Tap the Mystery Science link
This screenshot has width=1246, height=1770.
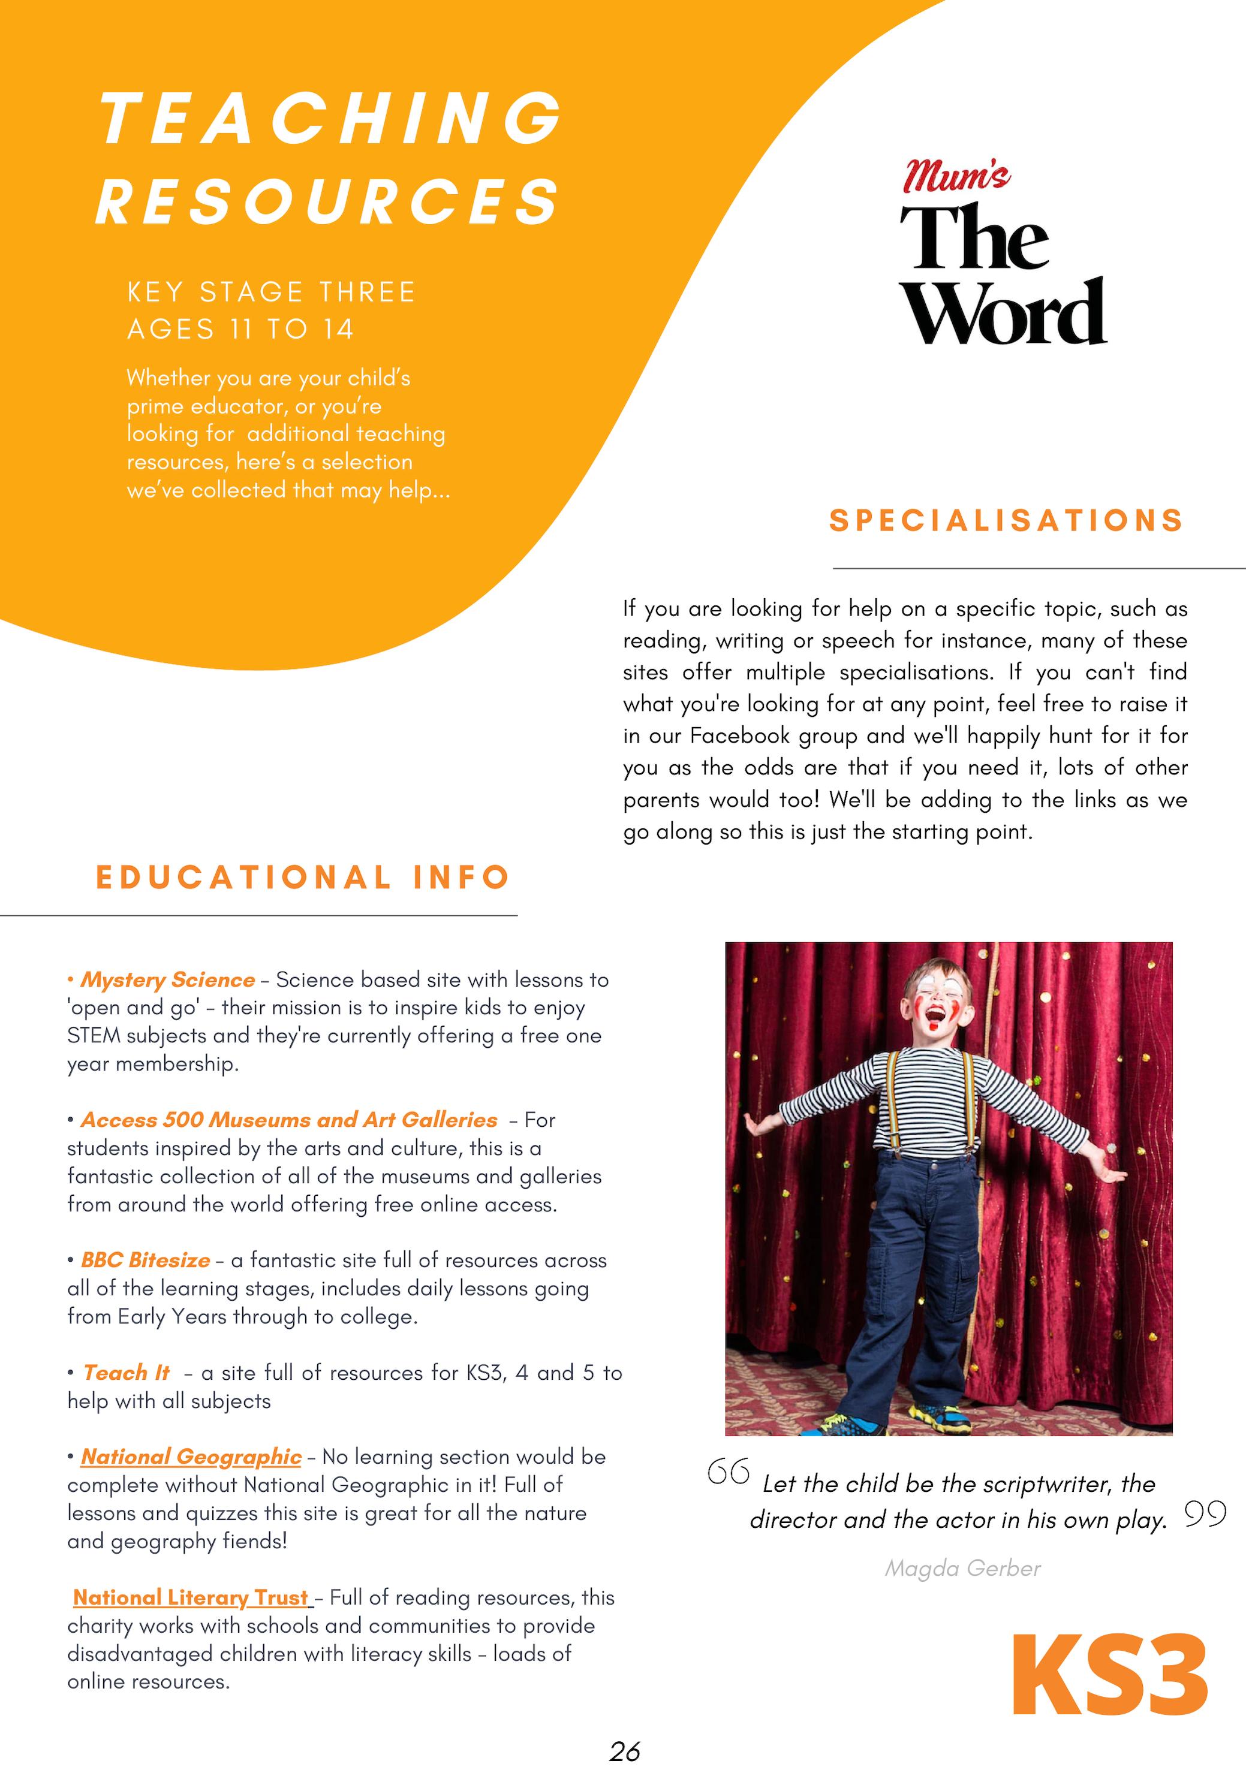pyautogui.click(x=168, y=980)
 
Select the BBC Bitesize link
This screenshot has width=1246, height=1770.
pyautogui.click(x=146, y=1261)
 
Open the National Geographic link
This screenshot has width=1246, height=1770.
pyautogui.click(x=191, y=1457)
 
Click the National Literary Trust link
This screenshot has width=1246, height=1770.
pyautogui.click(x=191, y=1598)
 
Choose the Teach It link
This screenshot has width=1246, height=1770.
pyautogui.click(x=127, y=1373)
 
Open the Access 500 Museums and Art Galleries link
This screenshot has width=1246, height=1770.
pyautogui.click(x=289, y=1120)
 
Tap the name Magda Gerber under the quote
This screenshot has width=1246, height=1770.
pyautogui.click(x=962, y=1568)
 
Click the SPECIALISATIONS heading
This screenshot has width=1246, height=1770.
pyautogui.click(x=1006, y=520)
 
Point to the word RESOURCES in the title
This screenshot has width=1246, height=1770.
pyautogui.click(x=328, y=201)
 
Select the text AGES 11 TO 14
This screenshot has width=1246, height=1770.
pyautogui.click(x=240, y=330)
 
